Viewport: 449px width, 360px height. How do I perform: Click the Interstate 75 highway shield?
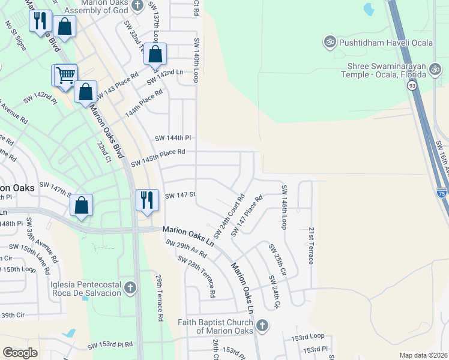pos(442,193)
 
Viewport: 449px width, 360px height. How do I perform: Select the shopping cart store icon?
pos(65,76)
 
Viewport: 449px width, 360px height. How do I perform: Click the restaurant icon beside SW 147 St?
pos(147,199)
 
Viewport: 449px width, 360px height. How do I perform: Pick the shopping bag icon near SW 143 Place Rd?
pos(86,92)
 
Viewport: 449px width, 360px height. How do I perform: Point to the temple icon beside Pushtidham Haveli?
pos(328,42)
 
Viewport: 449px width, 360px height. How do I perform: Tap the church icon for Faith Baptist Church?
pos(261,326)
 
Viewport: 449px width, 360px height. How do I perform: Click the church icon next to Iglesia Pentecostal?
pos(129,289)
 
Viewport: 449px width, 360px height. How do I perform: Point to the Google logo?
pos(20,353)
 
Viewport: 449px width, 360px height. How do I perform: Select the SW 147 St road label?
pos(181,196)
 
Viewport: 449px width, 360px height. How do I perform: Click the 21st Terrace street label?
pos(311,245)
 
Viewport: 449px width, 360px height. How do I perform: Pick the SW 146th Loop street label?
pos(284,206)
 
